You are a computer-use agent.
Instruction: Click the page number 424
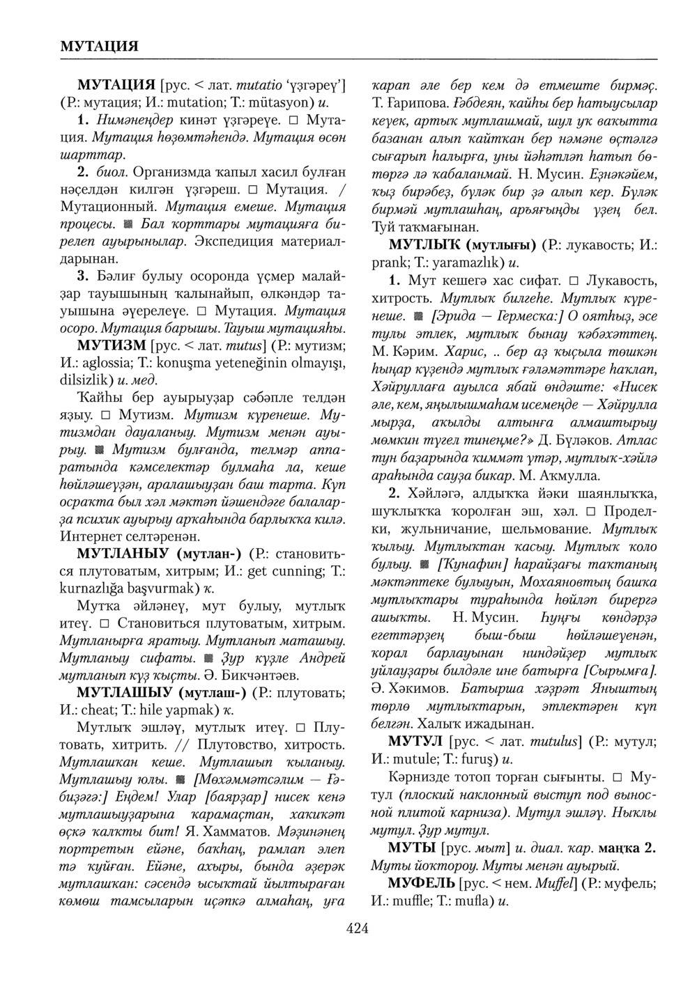[357, 927]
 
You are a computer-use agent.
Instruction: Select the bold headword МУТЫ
[413, 848]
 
